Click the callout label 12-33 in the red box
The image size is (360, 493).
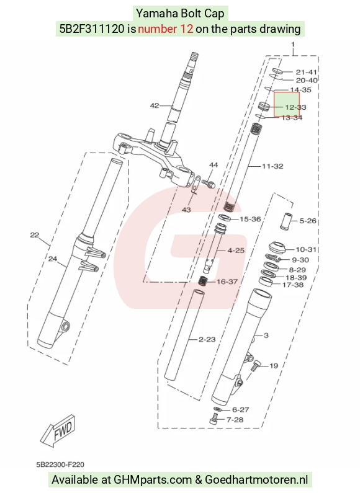pos(295,107)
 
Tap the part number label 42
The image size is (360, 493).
pos(154,105)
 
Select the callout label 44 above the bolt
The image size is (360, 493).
pos(214,165)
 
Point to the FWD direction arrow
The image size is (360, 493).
pos(58,430)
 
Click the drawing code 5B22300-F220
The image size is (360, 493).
pos(60,464)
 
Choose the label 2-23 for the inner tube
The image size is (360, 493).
pos(207,339)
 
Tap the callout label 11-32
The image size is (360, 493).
pos(272,166)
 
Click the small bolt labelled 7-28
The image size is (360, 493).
pos(214,419)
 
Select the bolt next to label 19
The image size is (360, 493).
pos(256,366)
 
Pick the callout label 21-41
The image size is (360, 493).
pos(306,73)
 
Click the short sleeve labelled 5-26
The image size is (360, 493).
pos(286,221)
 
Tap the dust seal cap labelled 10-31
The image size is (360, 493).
pos(277,248)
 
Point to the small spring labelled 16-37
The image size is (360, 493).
pos(203,280)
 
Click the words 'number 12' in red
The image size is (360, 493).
pos(165,29)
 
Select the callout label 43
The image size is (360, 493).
pos(186,210)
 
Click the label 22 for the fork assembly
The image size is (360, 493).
pos(35,235)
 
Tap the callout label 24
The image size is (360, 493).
pos(53,259)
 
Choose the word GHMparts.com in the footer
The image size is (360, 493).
pos(153,480)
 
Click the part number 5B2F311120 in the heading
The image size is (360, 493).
pos(92,29)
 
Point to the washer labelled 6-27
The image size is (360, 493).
pos(217,409)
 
